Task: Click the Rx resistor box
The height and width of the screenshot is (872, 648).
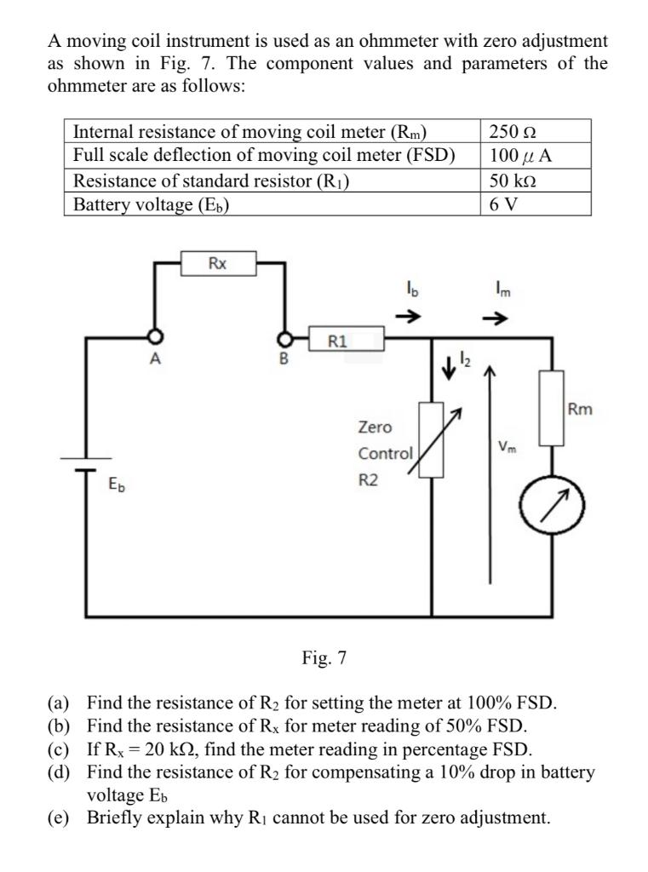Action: pos(219,263)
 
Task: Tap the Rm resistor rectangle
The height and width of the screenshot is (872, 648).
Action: pos(553,408)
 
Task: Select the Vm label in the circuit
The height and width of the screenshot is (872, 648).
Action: pos(507,446)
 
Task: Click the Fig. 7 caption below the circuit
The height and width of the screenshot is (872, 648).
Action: pos(324,657)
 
